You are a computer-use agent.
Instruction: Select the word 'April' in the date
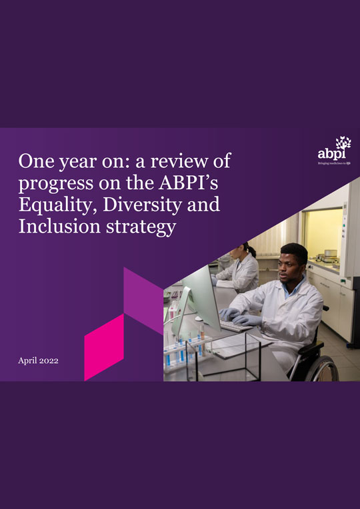30,360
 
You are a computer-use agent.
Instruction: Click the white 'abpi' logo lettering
331,155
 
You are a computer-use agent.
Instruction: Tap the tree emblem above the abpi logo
343,143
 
